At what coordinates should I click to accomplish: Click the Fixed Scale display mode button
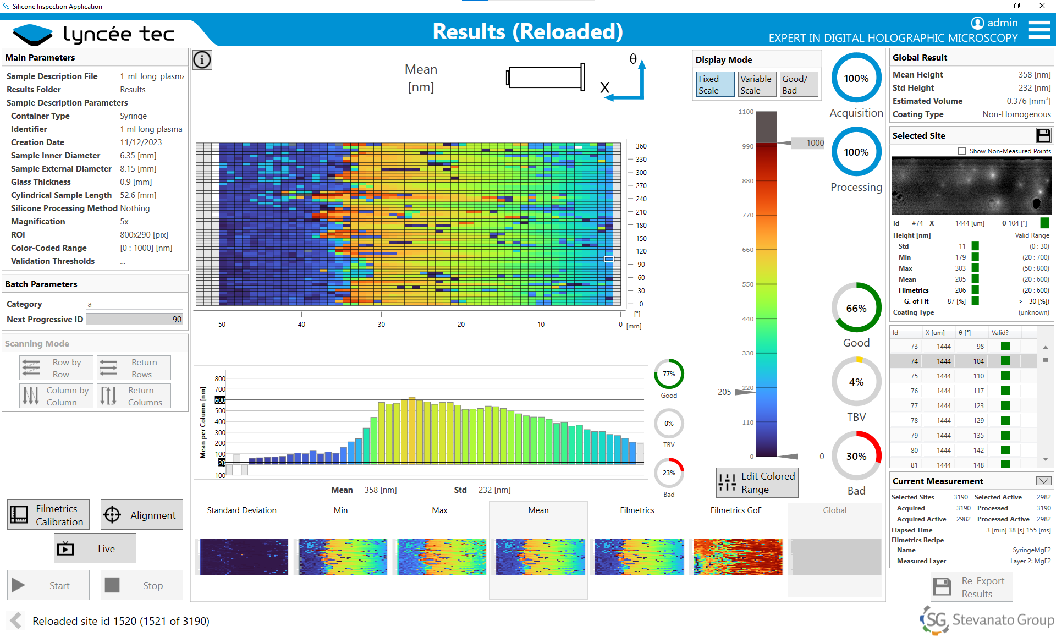coord(714,84)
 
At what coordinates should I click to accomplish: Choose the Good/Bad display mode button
coord(799,84)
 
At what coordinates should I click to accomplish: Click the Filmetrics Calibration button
coord(48,515)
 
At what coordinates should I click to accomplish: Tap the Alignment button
coord(142,515)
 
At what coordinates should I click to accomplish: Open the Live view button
coord(95,548)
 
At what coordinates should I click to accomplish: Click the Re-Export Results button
coord(971,587)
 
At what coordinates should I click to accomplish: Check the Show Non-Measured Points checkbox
coord(962,151)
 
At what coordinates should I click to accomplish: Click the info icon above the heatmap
coord(202,59)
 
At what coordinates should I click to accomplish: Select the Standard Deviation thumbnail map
coord(244,557)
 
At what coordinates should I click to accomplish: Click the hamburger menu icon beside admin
coord(1039,30)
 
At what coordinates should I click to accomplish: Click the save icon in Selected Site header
coord(1043,135)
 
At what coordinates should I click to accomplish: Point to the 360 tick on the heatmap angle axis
coord(641,146)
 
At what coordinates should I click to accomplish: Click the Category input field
coord(134,304)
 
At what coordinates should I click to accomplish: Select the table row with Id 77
coord(963,406)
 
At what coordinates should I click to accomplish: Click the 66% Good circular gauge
coord(856,308)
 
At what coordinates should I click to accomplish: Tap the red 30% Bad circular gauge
coord(856,456)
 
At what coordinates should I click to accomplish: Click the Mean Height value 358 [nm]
coord(1034,75)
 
